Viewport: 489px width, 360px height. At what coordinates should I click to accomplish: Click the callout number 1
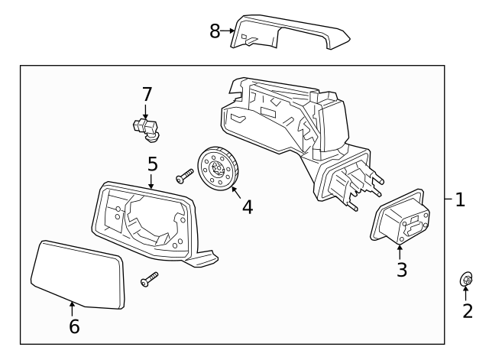tap(460, 199)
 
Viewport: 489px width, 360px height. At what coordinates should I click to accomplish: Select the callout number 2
tap(466, 311)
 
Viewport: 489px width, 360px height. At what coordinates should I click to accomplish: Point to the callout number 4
tap(247, 207)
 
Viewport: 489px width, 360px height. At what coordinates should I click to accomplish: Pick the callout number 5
tap(152, 163)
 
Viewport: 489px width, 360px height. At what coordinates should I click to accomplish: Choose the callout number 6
tap(73, 326)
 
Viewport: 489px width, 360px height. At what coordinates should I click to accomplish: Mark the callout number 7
tap(147, 95)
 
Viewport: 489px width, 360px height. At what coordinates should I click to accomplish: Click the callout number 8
tap(215, 31)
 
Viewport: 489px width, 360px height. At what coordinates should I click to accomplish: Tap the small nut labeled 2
tap(465, 280)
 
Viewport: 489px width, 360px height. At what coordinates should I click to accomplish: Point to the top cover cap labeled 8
tap(290, 31)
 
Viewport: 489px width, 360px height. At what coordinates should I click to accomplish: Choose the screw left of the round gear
tap(184, 177)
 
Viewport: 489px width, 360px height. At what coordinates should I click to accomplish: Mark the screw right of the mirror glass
tap(148, 281)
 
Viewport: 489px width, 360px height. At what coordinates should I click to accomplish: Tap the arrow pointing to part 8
tap(228, 31)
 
